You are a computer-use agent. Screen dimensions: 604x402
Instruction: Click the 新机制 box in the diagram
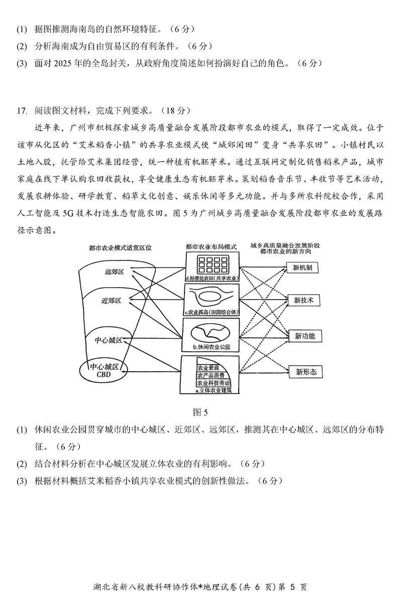pyautogui.click(x=303, y=268)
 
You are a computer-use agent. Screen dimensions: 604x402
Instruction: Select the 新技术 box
pyautogui.click(x=304, y=300)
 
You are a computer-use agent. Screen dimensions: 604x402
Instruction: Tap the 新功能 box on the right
pyautogui.click(x=305, y=336)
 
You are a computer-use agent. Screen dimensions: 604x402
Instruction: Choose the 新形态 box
pyautogui.click(x=306, y=372)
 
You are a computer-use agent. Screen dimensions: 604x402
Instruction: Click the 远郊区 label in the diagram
pyautogui.click(x=114, y=272)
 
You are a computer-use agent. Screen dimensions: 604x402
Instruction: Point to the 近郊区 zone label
pyautogui.click(x=111, y=301)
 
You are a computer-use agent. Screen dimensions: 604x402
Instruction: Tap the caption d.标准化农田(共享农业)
pyautogui.click(x=211, y=278)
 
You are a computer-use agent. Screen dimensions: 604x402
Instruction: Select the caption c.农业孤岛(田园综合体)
pyautogui.click(x=212, y=313)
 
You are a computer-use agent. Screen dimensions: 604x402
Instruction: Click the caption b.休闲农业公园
pyautogui.click(x=212, y=347)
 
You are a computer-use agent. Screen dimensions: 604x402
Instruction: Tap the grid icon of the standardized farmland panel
pyautogui.click(x=211, y=263)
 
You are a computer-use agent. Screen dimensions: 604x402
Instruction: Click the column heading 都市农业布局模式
pyautogui.click(x=211, y=247)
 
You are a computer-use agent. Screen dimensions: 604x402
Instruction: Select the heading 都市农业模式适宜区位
pyautogui.click(x=120, y=247)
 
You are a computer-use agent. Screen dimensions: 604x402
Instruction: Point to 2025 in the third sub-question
pyautogui.click(x=69, y=63)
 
